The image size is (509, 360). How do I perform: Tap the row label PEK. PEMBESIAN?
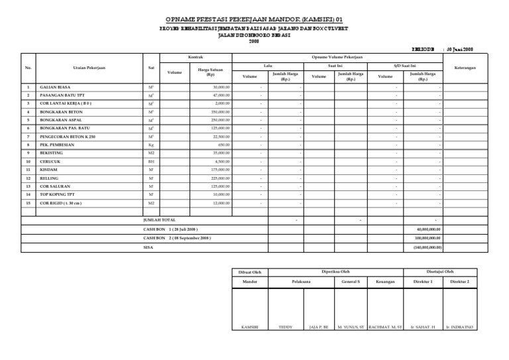56,144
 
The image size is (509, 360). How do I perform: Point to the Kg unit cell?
150,144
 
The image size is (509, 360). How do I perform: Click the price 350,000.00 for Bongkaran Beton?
220,112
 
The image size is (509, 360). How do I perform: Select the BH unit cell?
150,160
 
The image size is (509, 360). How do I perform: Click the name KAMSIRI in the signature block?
249,327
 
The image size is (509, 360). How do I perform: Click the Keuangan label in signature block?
385,282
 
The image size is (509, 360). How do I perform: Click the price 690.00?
224,144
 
